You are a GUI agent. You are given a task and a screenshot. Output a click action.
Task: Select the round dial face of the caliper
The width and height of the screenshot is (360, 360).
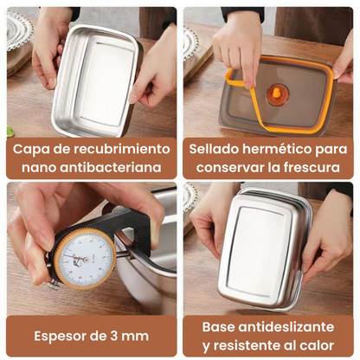85,257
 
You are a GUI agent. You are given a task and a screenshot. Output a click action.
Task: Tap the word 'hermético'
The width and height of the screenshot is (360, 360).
279,148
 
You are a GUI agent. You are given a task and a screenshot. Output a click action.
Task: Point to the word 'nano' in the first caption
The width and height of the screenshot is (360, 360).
39,166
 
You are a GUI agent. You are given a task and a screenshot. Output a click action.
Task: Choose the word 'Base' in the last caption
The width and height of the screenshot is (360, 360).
220,327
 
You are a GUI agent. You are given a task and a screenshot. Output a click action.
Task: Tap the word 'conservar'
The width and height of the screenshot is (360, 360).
226,166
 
